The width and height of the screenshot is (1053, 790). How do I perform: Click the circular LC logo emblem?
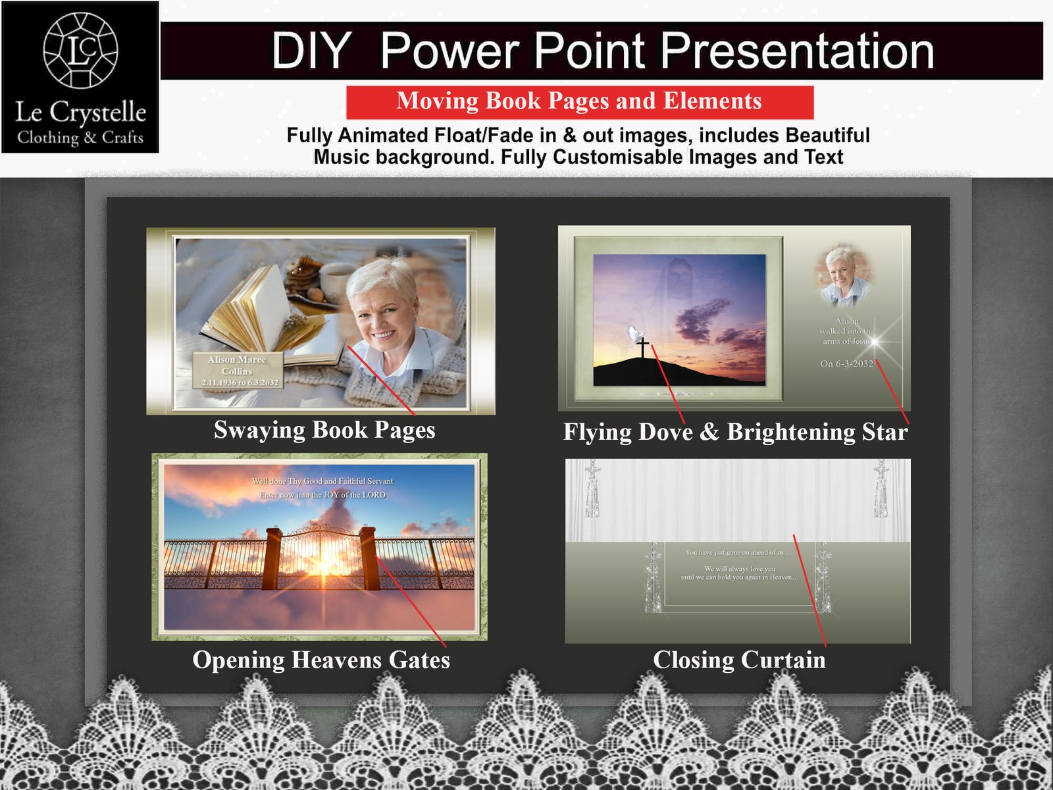[x=80, y=50]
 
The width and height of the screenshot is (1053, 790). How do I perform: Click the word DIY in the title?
[x=311, y=51]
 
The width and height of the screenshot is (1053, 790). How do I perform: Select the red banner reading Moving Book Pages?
[x=579, y=101]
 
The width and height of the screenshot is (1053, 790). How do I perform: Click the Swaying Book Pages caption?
[x=324, y=430]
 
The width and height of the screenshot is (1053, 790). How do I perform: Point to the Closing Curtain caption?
[x=738, y=660]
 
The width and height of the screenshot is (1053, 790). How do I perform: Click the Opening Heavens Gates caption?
[x=321, y=660]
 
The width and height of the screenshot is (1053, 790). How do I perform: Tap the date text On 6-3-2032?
[x=846, y=363]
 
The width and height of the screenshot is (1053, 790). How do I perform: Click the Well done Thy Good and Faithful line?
[x=322, y=481]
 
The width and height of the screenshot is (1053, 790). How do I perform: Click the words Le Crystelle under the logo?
[x=80, y=113]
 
